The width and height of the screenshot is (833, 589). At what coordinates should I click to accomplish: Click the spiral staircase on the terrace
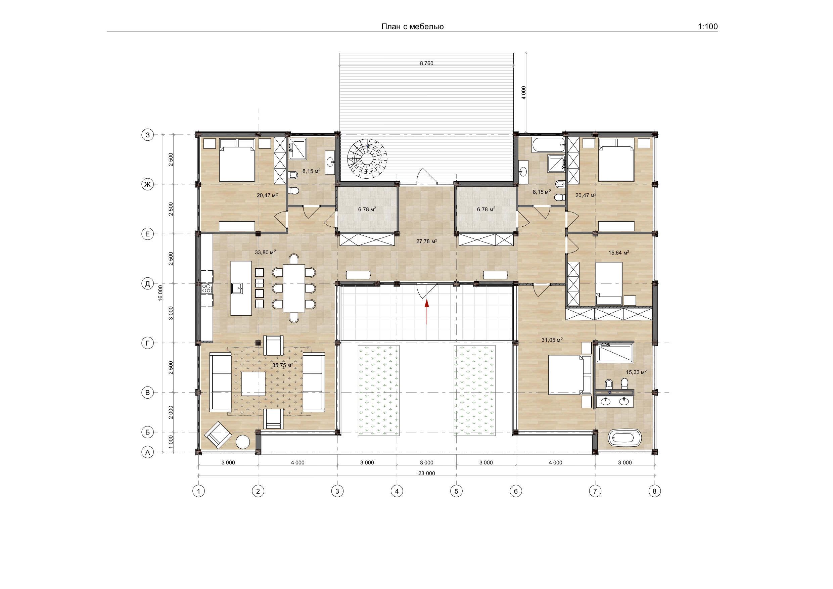367,158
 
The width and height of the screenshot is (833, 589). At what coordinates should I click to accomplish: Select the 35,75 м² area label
283,365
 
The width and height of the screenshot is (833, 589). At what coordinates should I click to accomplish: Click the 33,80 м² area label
265,252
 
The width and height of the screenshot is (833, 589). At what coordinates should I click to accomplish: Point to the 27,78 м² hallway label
427,241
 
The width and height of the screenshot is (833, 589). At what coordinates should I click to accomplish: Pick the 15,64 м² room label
618,253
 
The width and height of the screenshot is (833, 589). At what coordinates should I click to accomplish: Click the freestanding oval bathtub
625,438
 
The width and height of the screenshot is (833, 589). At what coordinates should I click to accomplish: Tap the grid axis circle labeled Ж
147,184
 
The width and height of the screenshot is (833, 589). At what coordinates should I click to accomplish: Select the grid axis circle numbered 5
456,491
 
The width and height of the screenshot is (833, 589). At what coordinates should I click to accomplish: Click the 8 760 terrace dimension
427,63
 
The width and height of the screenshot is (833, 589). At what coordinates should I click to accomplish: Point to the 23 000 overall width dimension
427,473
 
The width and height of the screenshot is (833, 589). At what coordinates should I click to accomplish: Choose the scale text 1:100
708,27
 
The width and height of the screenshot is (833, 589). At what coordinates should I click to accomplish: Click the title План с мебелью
413,27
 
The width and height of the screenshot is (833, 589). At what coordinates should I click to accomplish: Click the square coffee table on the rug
253,383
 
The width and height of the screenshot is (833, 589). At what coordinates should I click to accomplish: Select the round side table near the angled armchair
243,442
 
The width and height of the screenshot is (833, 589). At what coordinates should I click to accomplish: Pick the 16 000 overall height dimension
160,293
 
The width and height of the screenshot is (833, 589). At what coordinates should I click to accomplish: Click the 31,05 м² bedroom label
552,340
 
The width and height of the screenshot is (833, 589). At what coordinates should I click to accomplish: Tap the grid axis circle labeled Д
147,283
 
